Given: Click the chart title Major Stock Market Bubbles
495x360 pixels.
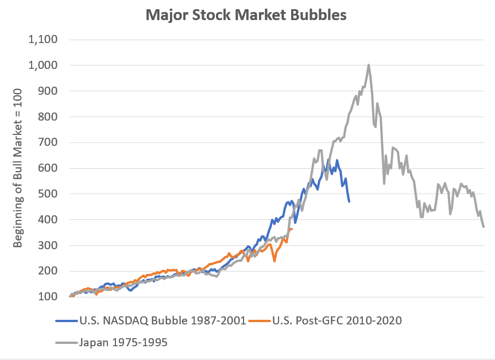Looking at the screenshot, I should point(247,15).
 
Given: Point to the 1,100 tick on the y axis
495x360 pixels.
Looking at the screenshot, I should point(42,40).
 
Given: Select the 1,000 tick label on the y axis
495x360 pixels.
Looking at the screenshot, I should point(42,65).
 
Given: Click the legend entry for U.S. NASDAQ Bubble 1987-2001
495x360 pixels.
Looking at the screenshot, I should point(150,320).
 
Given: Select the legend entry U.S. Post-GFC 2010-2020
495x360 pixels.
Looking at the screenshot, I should point(326,320).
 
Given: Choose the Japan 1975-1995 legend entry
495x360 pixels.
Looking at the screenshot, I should point(112,343).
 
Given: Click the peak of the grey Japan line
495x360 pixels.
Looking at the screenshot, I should point(369,65).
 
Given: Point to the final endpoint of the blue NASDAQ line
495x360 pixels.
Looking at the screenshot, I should point(349,201).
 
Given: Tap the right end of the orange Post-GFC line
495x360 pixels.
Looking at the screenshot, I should point(292,229).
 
